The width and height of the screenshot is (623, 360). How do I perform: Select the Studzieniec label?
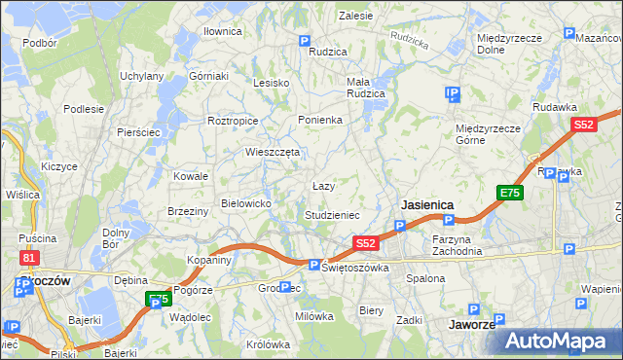[332, 214]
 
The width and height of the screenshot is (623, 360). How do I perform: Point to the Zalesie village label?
[355, 16]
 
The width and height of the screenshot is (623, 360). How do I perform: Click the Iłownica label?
[222, 31]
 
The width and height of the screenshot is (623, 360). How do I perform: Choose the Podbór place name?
[39, 43]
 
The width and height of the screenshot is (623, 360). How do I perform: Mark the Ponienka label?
[319, 120]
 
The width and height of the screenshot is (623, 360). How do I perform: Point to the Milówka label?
[314, 315]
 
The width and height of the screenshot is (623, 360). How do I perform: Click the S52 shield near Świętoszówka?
[366, 243]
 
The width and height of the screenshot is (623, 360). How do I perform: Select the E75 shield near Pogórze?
[158, 299]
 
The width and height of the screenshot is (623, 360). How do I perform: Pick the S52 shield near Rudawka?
[584, 125]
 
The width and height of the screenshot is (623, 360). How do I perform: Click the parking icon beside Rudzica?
[305, 42]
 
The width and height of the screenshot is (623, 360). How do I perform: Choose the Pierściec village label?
[138, 131]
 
